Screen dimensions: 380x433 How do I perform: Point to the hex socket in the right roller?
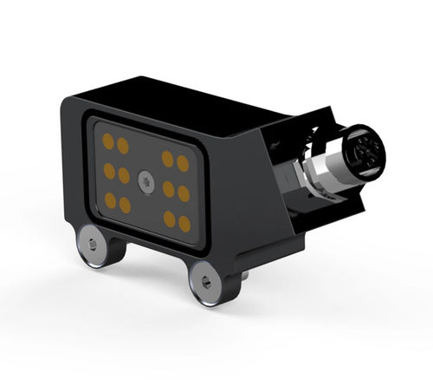pyautogui.click(x=206, y=282)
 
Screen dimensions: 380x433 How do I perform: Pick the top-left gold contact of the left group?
pyautogui.click(x=108, y=140)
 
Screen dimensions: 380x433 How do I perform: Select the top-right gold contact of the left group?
pyautogui.click(x=123, y=145)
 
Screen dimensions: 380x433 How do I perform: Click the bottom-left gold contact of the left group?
pyautogui.click(x=111, y=200)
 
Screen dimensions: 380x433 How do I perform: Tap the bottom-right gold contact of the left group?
pyautogui.click(x=126, y=205)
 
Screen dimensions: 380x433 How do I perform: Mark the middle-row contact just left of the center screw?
pyautogui.click(x=124, y=175)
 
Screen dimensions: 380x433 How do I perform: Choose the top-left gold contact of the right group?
pyautogui.click(x=167, y=159)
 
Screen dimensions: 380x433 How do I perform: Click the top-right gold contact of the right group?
pyautogui.click(x=183, y=163)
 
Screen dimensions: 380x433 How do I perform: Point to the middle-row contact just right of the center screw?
pyautogui.click(x=168, y=188)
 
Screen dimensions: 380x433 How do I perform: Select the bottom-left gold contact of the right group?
pyautogui.click(x=170, y=219)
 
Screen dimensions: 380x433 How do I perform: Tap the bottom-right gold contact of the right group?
pyautogui.click(x=184, y=224)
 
